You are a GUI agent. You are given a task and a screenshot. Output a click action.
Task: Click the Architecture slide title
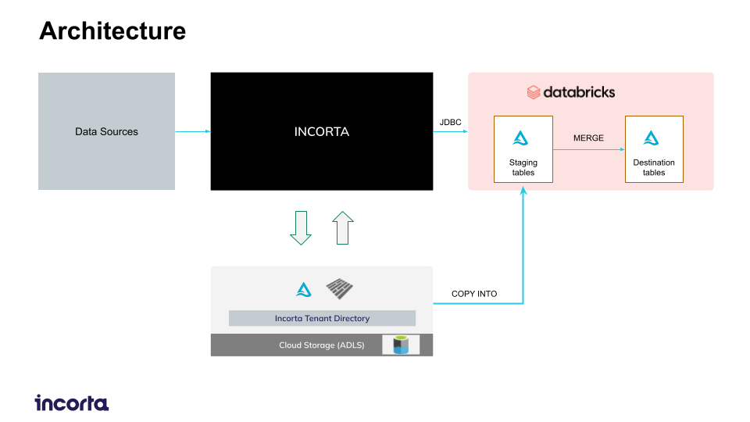pos(112,31)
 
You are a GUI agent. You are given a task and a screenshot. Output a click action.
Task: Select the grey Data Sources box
pos(106,131)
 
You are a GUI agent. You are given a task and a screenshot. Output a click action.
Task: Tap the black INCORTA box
pos(321,131)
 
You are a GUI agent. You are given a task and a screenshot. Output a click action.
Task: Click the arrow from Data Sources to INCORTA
pos(192,131)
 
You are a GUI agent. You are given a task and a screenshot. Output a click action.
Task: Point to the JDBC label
pos(450,123)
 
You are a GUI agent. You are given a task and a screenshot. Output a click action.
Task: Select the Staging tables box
pos(523,149)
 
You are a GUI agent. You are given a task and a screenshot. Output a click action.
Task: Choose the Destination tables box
pos(654,149)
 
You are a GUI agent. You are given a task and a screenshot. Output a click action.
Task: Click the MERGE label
pos(588,138)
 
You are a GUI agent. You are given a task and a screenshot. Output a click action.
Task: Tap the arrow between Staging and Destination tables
pos(588,149)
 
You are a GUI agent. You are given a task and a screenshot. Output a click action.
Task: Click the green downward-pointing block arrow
pos(301,227)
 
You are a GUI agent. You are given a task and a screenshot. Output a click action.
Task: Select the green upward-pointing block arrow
pos(343,227)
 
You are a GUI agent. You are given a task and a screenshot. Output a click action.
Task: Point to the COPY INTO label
pos(474,294)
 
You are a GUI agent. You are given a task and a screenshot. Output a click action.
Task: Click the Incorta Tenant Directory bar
pos(322,318)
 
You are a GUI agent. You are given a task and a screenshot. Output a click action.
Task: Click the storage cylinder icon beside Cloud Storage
pos(401,345)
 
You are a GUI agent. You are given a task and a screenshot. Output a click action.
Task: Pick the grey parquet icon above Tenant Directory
pos(340,289)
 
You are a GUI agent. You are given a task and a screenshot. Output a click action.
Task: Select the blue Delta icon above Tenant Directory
pos(304,290)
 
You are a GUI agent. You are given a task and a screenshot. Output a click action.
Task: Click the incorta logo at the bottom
pos(72,403)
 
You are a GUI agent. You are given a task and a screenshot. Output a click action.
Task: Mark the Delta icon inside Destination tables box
pos(652,139)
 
